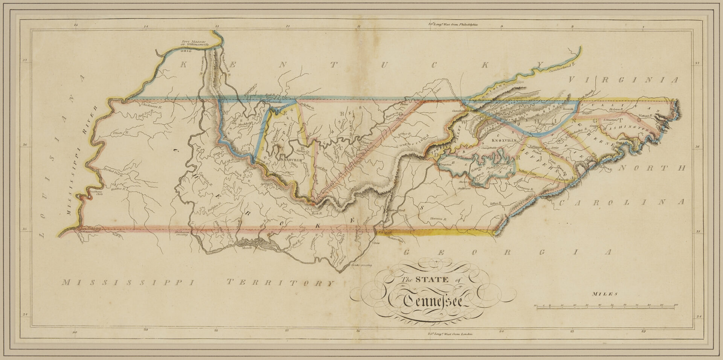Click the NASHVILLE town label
click(288, 160)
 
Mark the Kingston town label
click(445, 165)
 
